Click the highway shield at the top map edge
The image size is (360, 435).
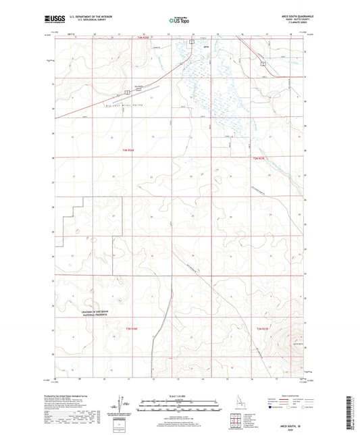coord(192,42)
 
